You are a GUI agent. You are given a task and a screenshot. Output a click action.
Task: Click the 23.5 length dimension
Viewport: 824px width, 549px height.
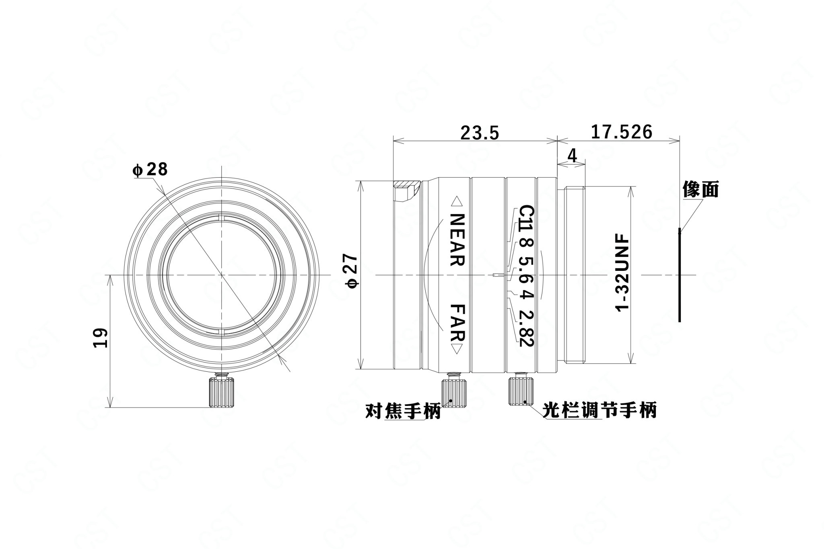[480, 133]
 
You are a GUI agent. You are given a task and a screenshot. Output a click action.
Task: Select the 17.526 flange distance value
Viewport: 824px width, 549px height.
[621, 132]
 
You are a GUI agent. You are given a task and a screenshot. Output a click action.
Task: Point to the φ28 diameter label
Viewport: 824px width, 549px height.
[150, 170]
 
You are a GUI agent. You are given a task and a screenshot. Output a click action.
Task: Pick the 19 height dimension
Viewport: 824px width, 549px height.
[100, 338]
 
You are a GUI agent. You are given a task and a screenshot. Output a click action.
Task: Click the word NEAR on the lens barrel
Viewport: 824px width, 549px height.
[457, 240]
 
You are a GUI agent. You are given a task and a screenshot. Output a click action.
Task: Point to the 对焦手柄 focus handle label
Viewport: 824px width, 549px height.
[403, 411]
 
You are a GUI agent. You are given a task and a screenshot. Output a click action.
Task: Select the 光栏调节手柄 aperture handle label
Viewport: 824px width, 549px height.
[599, 410]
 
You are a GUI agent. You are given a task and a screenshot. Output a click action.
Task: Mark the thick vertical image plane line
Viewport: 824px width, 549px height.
[680, 275]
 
